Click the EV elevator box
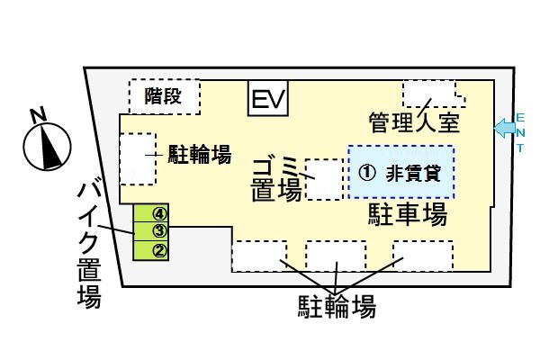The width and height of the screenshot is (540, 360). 267,99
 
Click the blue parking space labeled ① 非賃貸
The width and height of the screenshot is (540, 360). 401,172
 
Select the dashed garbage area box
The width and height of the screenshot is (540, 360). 325,179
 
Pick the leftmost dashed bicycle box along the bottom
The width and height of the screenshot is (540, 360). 259,256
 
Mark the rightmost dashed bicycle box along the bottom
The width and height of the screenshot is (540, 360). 421,256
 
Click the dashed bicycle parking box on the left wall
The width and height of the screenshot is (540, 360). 137,160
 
